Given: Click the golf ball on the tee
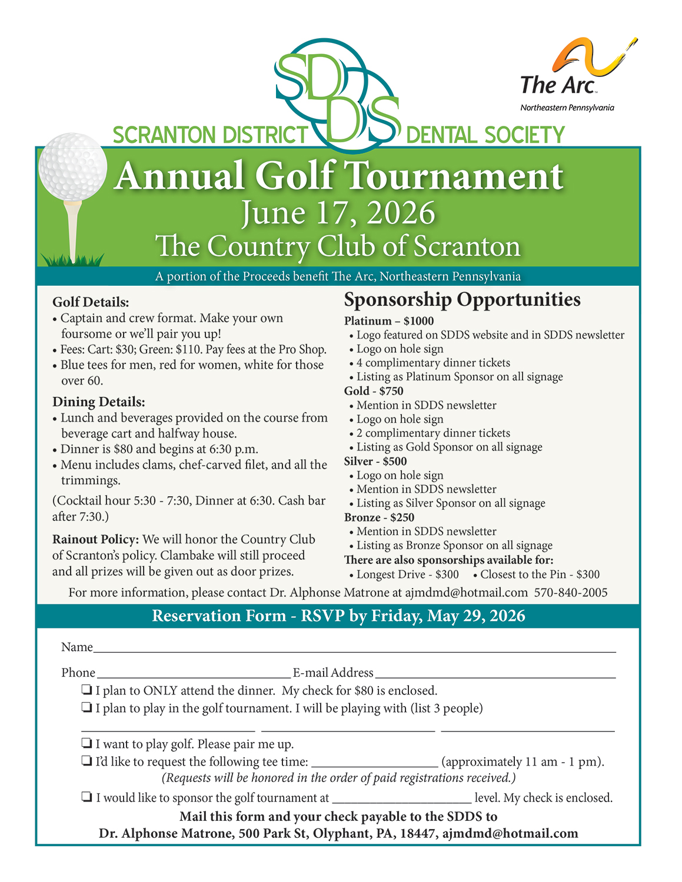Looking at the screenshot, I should [72, 168].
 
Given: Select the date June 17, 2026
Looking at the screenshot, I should [338, 213].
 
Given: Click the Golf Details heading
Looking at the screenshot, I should [91, 302].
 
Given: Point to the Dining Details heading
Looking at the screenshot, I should [98, 402].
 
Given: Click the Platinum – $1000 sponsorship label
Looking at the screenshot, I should [389, 321].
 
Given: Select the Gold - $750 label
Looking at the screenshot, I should [374, 391].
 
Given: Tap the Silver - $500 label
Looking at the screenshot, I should [375, 461].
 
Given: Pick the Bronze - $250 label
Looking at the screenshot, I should [379, 517].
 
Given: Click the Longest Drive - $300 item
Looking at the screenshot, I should [407, 574].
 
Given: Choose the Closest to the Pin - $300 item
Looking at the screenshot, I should [539, 574].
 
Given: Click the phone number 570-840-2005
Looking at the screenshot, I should [571, 593].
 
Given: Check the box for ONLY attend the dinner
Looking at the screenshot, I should [87, 690].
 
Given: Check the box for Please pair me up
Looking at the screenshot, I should [87, 743].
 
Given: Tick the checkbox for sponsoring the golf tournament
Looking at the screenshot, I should [87, 797].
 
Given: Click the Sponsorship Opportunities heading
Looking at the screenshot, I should [462, 300].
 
